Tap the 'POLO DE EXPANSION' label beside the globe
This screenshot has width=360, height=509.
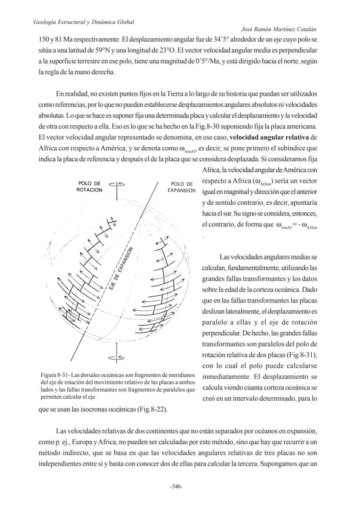(x=182, y=187)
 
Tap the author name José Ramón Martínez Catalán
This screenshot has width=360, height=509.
(x=279, y=29)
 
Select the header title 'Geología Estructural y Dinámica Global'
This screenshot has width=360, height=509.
(x=83, y=22)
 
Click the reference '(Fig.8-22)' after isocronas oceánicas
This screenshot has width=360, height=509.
(x=152, y=409)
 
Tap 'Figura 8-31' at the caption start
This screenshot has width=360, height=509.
(x=55, y=375)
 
